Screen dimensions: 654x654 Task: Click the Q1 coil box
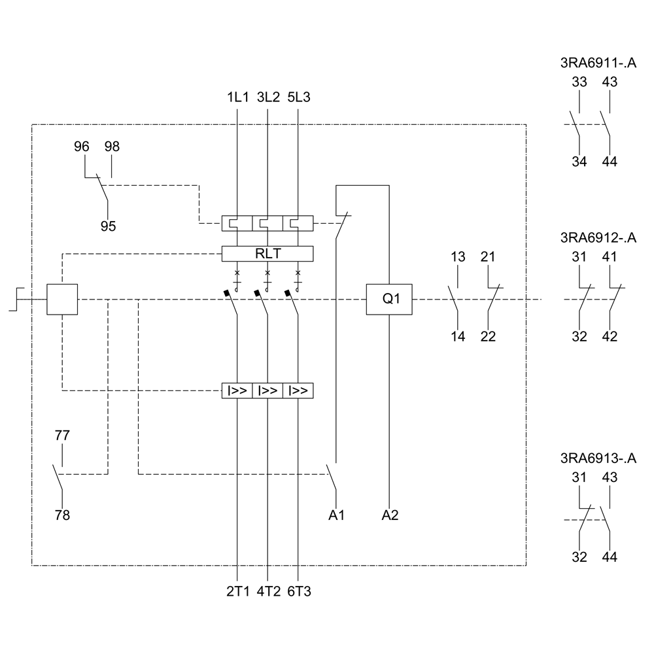click(x=390, y=300)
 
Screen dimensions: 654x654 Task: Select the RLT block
click(x=267, y=253)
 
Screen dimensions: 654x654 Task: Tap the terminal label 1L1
click(x=237, y=97)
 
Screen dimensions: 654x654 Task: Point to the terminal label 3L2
click(x=268, y=97)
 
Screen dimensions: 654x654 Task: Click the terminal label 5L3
click(x=299, y=97)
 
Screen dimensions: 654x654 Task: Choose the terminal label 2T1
click(x=237, y=592)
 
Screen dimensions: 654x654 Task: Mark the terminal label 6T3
click(x=299, y=592)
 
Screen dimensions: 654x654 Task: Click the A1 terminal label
click(x=336, y=515)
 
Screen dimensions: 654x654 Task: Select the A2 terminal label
click(x=390, y=515)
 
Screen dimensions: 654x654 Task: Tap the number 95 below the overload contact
click(x=108, y=226)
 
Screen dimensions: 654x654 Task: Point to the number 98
click(x=112, y=146)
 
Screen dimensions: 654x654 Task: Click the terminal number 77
click(x=62, y=435)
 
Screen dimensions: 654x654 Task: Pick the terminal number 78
click(x=62, y=515)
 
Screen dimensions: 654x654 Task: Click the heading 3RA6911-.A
click(x=598, y=63)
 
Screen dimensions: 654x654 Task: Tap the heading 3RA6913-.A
click(x=598, y=458)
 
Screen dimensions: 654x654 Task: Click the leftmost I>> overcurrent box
click(x=237, y=391)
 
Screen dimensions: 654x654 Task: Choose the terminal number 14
click(x=458, y=337)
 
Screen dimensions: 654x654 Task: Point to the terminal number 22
click(x=488, y=337)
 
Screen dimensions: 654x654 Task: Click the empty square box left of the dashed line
click(x=62, y=300)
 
